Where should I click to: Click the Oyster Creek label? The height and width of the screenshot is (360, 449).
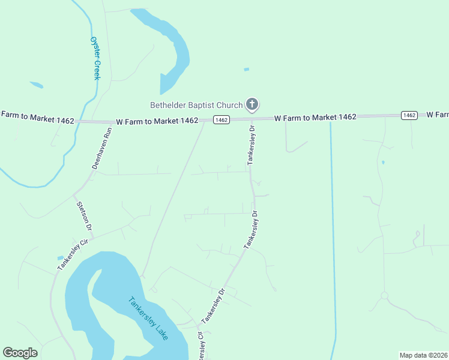(x=95, y=58)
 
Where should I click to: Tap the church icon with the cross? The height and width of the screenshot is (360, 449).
(x=252, y=105)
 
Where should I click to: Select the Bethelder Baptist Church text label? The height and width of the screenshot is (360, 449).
(x=196, y=105)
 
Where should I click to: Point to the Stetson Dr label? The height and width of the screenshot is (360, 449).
(x=83, y=216)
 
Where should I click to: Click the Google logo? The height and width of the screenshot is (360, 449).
(x=20, y=353)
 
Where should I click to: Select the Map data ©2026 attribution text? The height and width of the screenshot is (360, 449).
(x=424, y=355)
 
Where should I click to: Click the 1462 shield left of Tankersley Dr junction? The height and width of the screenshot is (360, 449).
(x=221, y=120)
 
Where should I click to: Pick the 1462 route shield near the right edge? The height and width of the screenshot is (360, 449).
(x=409, y=115)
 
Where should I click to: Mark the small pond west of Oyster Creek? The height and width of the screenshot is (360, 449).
(x=37, y=85)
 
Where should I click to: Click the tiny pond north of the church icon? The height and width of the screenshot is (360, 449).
(x=246, y=70)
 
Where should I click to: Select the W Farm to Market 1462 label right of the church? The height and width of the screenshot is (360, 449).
(x=315, y=118)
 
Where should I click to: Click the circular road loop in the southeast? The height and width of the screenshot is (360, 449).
(x=384, y=295)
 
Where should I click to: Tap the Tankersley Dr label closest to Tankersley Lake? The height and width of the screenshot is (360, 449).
(x=213, y=306)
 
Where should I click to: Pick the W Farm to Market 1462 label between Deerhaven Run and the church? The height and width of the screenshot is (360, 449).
(x=158, y=121)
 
